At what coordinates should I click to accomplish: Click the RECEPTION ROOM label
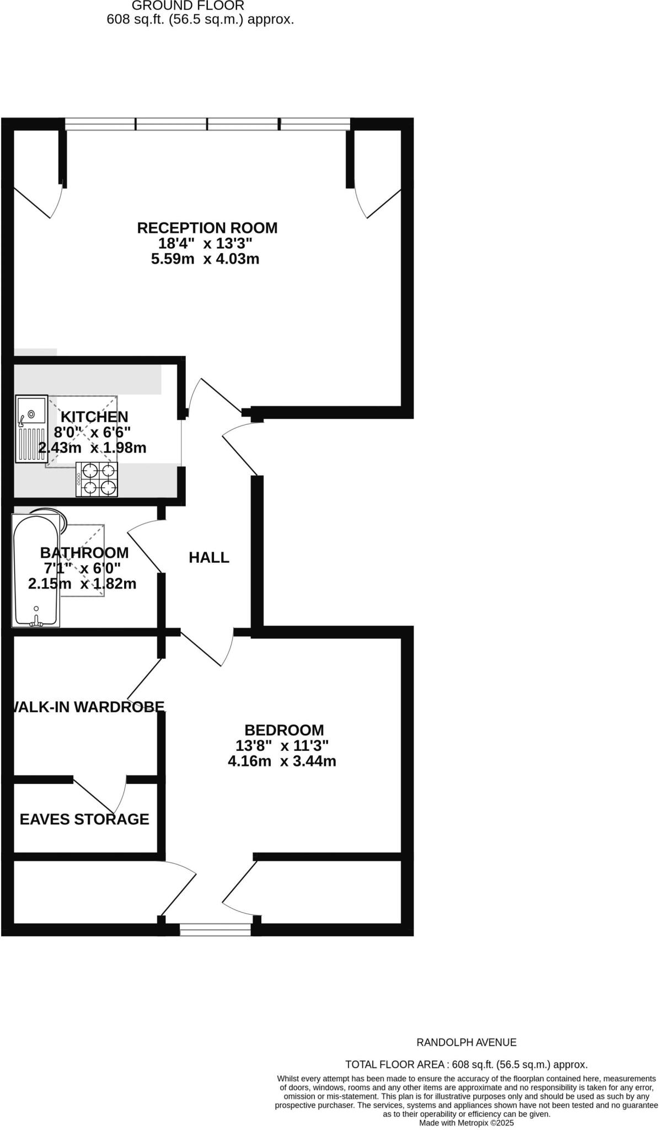coord(207,228)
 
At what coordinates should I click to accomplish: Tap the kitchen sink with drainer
coord(31,428)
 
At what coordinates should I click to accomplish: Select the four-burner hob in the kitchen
coord(97,479)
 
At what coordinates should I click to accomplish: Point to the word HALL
coord(209,558)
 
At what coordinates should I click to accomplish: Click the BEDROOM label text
coord(284,730)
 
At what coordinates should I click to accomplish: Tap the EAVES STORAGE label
coord(84,819)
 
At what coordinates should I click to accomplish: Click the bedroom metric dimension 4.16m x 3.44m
coord(282,761)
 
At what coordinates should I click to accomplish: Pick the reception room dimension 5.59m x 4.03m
coord(205,259)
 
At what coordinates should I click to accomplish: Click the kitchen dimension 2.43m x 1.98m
coord(93,448)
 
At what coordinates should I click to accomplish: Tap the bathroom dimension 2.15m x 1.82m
coord(82,584)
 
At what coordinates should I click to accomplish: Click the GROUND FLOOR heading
coord(187,6)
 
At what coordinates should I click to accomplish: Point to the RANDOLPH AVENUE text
coord(466,1042)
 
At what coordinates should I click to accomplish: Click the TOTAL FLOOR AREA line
coord(466,1065)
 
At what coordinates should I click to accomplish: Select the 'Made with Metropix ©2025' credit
coord(466,1122)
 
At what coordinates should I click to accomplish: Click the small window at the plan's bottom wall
coord(215,931)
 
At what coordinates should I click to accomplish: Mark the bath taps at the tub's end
coord(37,621)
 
